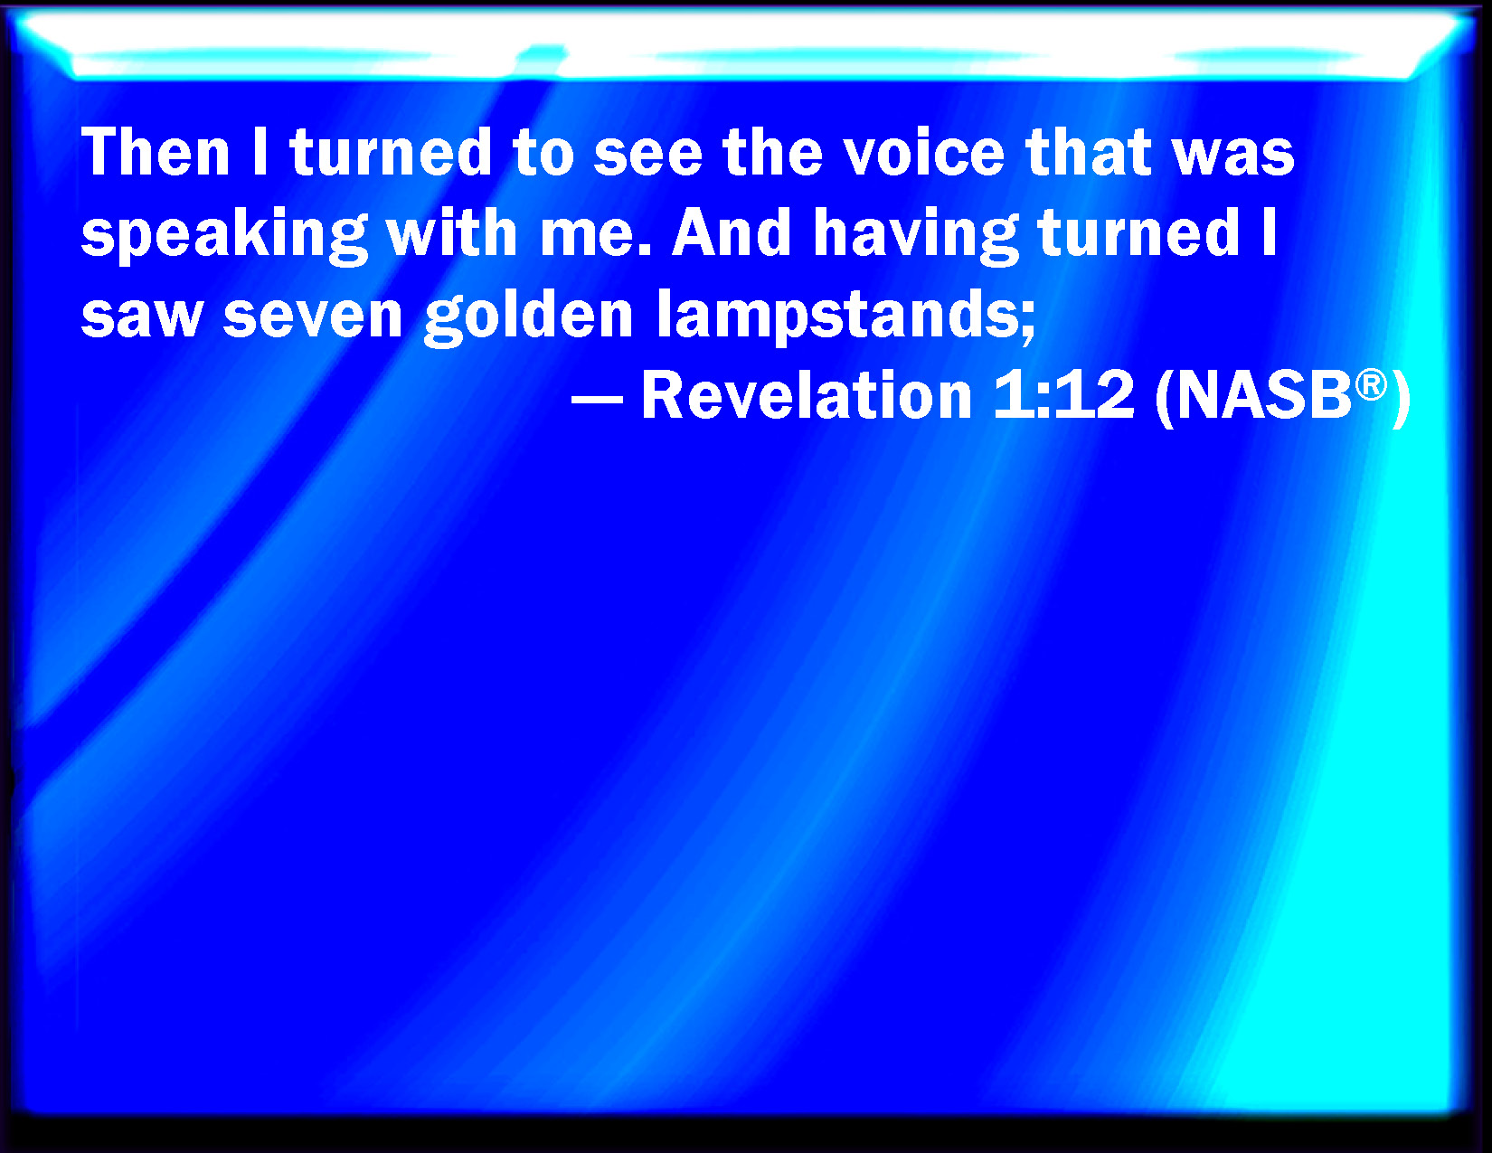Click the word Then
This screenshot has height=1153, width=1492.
(x=156, y=152)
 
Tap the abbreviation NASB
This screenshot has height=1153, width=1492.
(x=1264, y=396)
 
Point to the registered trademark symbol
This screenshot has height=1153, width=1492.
(x=1371, y=383)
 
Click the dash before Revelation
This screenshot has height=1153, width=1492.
(x=597, y=398)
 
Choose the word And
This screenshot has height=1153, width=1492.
(x=732, y=234)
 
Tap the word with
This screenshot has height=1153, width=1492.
(x=452, y=234)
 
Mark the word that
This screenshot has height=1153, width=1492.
(x=1089, y=152)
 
